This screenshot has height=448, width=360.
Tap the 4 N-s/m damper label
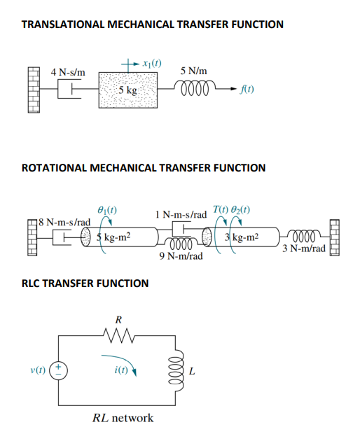pyautogui.click(x=68, y=72)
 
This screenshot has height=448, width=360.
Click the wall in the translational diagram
pyautogui.click(x=34, y=91)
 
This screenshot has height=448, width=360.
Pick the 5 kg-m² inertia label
pyautogui.click(x=113, y=238)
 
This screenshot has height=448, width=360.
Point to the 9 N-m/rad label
pyautogui.click(x=181, y=256)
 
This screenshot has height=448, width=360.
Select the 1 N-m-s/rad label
pyautogui.click(x=181, y=213)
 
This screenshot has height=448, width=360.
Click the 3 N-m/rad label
pyautogui.click(x=303, y=248)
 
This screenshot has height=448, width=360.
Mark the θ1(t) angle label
pyautogui.click(x=104, y=209)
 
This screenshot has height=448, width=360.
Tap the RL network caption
pyautogui.click(x=123, y=418)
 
